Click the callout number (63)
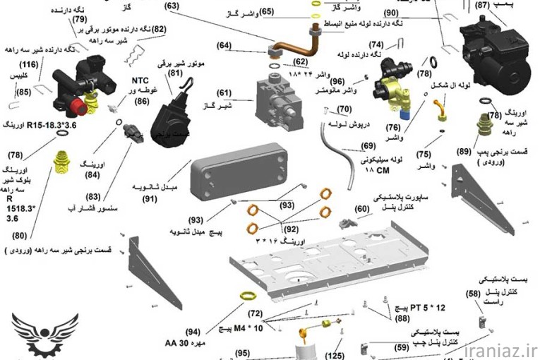[x=172, y=6]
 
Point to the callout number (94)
[x=193, y=331]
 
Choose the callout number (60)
[x=361, y=209]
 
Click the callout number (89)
[x=463, y=151]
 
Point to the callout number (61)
[x=224, y=93]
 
